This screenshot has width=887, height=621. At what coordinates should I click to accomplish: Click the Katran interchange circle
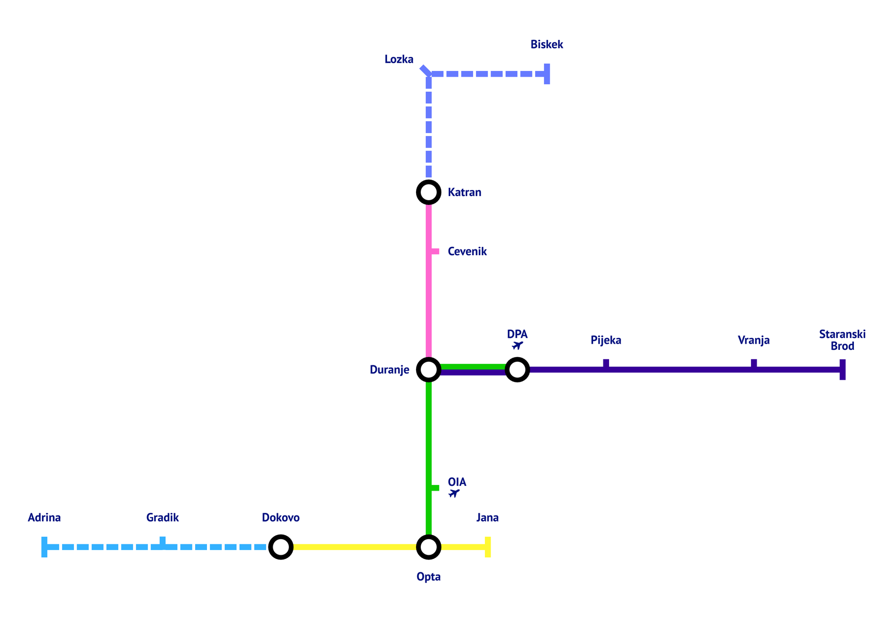click(x=428, y=193)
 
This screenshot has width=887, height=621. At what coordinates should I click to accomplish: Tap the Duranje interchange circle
click(x=428, y=369)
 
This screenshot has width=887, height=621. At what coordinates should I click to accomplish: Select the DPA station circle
click(x=517, y=369)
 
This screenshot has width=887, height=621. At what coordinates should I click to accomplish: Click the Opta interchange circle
click(x=428, y=547)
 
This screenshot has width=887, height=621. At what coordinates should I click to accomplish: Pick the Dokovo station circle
click(x=280, y=547)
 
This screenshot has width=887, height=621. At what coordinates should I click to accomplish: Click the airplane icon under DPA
click(x=517, y=345)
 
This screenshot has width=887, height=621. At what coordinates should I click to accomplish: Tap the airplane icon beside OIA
click(x=454, y=493)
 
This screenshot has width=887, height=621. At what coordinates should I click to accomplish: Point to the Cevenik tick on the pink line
click(x=435, y=252)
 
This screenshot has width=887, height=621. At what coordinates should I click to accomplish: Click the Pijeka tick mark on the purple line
click(x=606, y=364)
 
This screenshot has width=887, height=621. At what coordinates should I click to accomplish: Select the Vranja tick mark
click(x=753, y=364)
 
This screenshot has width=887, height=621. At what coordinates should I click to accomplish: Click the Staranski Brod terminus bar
click(x=842, y=369)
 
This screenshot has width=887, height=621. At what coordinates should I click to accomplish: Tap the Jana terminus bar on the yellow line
click(x=487, y=547)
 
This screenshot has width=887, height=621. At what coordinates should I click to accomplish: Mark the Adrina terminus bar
click(x=45, y=547)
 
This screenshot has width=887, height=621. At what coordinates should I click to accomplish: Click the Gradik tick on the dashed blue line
click(x=162, y=542)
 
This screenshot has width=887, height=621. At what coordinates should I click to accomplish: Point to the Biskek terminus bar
click(x=547, y=74)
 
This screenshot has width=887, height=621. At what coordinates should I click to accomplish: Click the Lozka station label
click(x=399, y=60)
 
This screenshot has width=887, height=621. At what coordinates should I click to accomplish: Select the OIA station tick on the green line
click(x=435, y=488)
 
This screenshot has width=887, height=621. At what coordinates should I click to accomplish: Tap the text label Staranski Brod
click(x=842, y=340)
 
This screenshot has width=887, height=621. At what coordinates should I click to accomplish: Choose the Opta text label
click(x=428, y=576)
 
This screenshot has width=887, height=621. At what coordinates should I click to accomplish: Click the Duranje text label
click(x=389, y=369)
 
